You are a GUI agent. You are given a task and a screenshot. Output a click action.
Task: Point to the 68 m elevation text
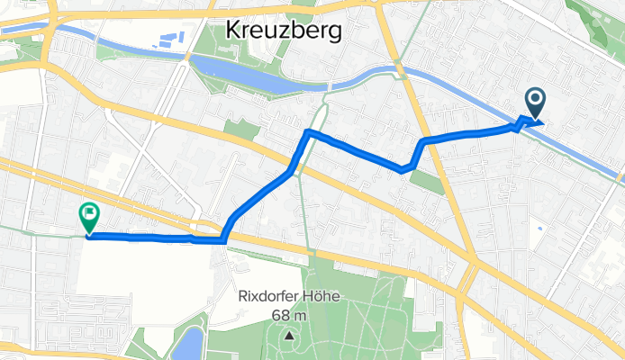[x=289, y=315]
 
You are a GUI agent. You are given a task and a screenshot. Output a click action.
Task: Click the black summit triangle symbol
[x=289, y=336]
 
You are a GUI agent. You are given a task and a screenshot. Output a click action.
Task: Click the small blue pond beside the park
[x=192, y=343]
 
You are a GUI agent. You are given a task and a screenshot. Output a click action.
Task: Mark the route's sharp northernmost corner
[x=308, y=132]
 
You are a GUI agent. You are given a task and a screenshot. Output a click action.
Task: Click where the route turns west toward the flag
[x=222, y=240]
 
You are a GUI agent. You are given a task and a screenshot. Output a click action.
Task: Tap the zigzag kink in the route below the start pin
[x=521, y=122]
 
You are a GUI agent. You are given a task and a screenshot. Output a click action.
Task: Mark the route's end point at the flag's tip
[x=89, y=236]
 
